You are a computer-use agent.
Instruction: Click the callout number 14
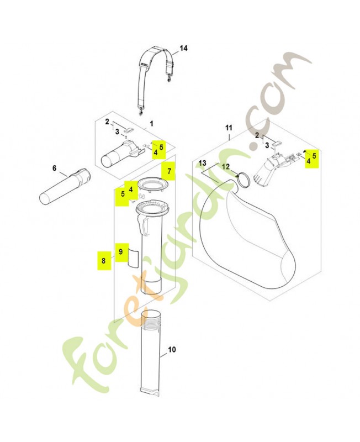coord(183,48)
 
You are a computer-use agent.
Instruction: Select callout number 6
coord(54,169)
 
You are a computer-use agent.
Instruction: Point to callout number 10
coord(172,350)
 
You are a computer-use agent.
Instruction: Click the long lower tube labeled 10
coord(151,352)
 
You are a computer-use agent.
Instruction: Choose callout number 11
coord(229,128)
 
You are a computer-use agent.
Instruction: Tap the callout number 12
coord(226,167)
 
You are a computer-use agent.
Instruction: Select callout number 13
coord(203,163)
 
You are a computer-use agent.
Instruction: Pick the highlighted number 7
coord(169,171)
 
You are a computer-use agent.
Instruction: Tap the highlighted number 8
coord(103,261)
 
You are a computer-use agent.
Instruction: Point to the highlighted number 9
coord(120,251)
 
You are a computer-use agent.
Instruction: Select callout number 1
coord(151,124)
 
